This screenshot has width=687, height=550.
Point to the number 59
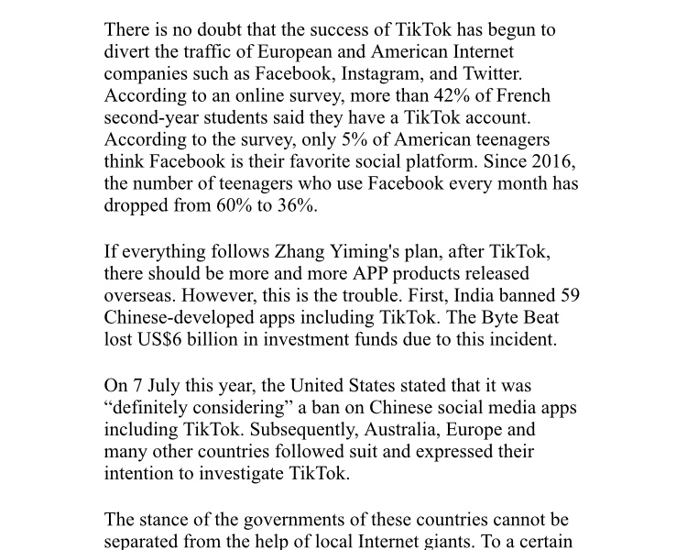568,295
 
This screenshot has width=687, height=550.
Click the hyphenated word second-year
151,117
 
